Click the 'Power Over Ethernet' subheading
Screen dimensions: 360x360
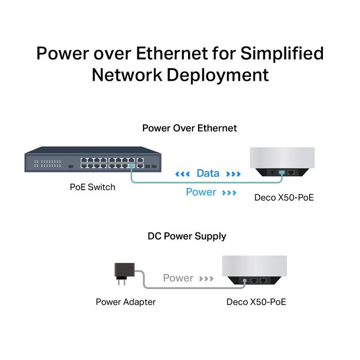(189, 128)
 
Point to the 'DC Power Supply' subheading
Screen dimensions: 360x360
(187, 237)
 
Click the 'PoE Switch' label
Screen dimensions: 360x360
(93, 187)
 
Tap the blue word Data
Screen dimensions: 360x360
(208, 174)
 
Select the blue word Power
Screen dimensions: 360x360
(201, 192)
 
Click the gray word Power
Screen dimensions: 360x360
(178, 278)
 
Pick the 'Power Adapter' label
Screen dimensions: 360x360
(125, 302)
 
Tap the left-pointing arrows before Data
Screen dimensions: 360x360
(183, 174)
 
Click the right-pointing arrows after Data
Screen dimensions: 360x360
(233, 174)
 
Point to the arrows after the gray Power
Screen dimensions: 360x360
(206, 279)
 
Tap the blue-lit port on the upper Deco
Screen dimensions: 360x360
(281, 173)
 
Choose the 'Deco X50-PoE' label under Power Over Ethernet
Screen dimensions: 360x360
(284, 197)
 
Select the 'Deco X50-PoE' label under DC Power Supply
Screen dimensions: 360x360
(256, 302)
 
